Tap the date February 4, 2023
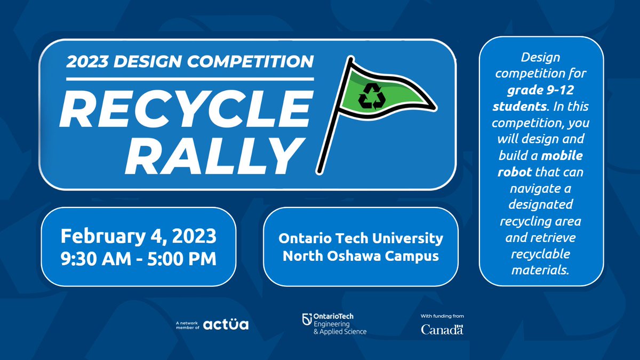coord(138,235)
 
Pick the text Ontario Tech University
coord(361,237)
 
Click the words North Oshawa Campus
coord(361,255)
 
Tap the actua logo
coord(226,324)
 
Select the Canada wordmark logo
coord(442,330)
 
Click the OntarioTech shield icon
coord(306,319)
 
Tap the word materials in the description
coord(540,270)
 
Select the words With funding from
coord(442,316)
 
